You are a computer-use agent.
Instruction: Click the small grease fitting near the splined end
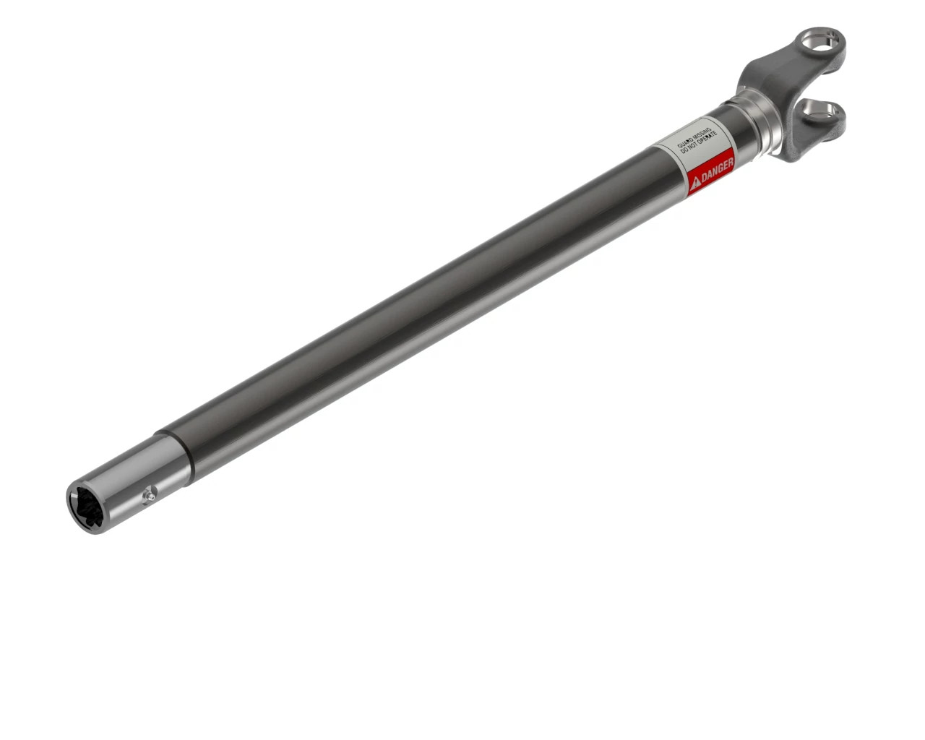tap(149, 495)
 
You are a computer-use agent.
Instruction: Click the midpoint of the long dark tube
tap(419, 304)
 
